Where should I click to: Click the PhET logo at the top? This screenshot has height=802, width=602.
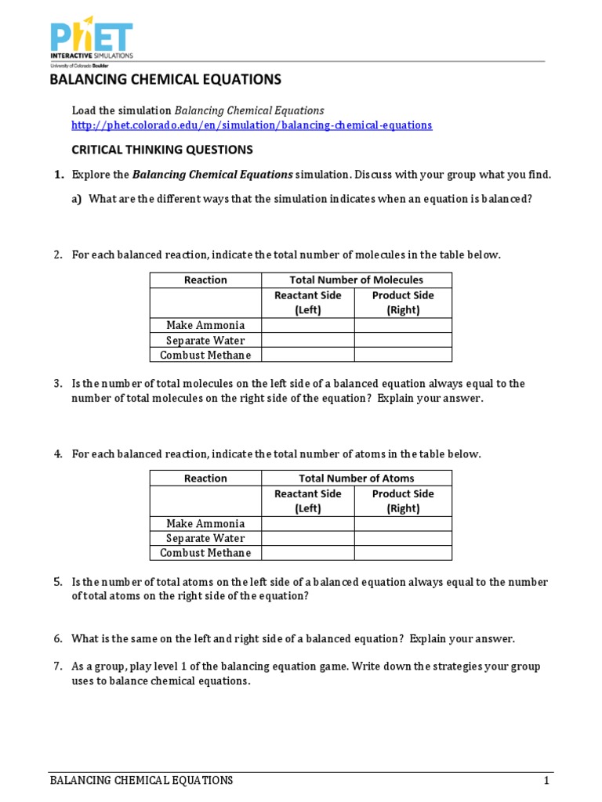coord(92,38)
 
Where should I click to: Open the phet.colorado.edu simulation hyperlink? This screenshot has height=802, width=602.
coord(252,125)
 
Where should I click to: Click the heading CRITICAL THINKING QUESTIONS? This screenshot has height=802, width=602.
coord(162,150)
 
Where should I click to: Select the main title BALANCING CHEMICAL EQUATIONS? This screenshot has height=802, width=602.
coord(165,80)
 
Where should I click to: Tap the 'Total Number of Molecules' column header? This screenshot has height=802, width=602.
coord(356,280)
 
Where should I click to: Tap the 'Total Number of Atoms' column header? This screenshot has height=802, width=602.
coord(356,478)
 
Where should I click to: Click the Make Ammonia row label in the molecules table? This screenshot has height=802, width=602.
coord(205,325)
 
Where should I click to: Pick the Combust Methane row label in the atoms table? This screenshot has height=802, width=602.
coord(205,553)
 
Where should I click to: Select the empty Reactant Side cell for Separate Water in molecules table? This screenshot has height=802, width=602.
coord(308,340)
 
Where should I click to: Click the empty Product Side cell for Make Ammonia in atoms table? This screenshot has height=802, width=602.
coord(403,523)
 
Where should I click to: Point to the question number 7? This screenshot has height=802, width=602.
coord(57,667)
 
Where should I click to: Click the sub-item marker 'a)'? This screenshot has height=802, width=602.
coord(77,199)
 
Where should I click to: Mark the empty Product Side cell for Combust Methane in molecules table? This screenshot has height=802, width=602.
coord(403,355)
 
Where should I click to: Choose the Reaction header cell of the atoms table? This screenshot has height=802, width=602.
coord(205,478)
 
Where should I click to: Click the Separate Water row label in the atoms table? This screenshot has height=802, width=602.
coord(205,538)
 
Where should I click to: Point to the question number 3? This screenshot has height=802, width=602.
coord(57,384)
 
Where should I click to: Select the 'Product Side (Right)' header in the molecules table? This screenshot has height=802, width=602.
coord(403,302)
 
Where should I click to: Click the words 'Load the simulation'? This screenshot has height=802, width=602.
coord(121,110)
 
